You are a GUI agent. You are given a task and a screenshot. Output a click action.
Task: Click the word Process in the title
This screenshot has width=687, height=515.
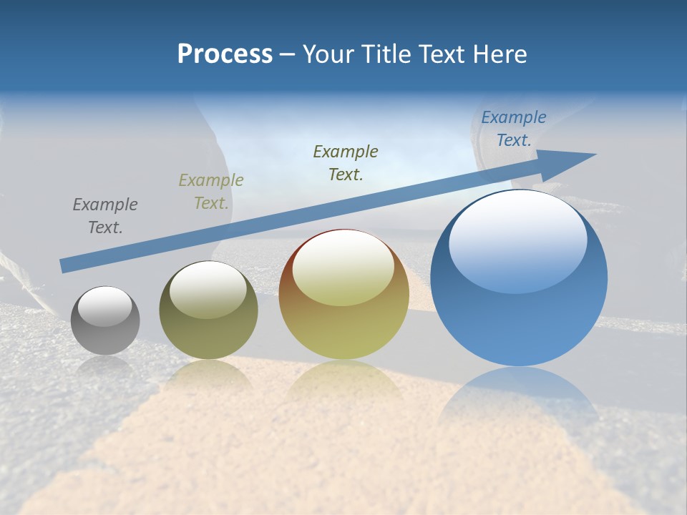225,54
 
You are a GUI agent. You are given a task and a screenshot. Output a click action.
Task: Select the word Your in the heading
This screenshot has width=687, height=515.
328,54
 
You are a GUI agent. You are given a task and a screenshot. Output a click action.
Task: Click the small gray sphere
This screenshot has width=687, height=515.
105,320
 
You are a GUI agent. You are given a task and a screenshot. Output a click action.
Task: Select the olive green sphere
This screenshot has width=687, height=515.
208,310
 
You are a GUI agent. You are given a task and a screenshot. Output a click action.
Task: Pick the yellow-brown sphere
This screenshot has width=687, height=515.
343,295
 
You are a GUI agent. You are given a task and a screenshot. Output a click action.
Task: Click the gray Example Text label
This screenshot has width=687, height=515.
105,216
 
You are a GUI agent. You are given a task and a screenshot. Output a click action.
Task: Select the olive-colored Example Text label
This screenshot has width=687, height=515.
211,192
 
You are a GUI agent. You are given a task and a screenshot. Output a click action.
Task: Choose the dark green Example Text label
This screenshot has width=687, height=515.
346,162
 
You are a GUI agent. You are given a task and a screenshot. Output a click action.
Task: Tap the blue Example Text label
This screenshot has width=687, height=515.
513,129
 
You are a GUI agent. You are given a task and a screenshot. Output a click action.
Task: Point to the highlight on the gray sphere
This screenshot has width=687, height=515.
104,307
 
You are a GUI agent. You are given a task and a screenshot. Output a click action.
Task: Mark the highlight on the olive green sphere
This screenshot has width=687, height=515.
208,290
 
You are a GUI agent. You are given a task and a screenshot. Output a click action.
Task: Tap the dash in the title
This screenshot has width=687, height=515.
287,55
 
